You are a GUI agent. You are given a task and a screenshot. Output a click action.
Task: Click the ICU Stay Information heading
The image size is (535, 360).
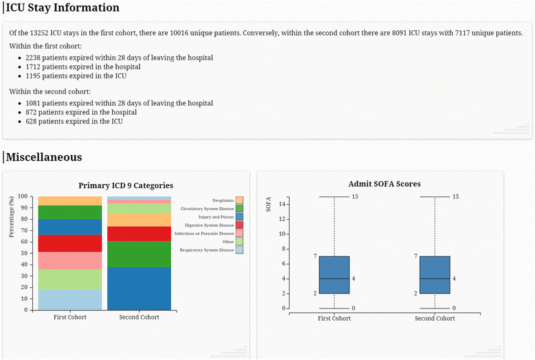pyautogui.click(x=63, y=8)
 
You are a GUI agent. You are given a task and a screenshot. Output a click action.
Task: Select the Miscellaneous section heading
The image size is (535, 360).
pyautogui.click(x=44, y=157)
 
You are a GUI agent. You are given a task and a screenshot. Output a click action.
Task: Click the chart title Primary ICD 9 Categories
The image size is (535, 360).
pyautogui.click(x=126, y=185)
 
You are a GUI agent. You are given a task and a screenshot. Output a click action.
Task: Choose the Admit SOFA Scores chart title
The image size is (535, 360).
pyautogui.click(x=384, y=184)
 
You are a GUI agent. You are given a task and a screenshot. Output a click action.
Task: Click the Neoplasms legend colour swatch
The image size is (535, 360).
pyautogui.click(x=239, y=199)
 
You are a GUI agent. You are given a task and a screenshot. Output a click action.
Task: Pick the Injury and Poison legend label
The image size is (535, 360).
pyautogui.click(x=215, y=216)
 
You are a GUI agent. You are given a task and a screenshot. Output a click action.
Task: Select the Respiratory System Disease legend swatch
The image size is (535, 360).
pyautogui.click(x=239, y=249)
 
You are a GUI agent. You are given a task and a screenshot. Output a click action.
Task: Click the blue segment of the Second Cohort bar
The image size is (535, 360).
pyautogui.click(x=139, y=289)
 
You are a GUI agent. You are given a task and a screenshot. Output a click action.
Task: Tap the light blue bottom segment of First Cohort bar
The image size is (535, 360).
pyautogui.click(x=70, y=300)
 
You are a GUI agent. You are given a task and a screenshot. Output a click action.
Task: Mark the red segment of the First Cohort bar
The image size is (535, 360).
pyautogui.click(x=70, y=243)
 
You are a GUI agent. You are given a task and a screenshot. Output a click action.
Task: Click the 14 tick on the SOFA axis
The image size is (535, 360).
pyautogui.click(x=283, y=204)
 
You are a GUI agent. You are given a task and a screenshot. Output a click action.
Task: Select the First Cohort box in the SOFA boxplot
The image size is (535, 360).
pyautogui.click(x=335, y=275)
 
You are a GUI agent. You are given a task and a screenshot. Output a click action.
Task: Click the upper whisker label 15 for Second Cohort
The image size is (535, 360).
pyautogui.click(x=455, y=197)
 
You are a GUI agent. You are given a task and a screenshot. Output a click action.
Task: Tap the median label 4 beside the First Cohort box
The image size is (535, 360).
pyautogui.click(x=353, y=278)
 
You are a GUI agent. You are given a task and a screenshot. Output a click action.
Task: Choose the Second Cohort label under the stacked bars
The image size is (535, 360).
pyautogui.click(x=139, y=317)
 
